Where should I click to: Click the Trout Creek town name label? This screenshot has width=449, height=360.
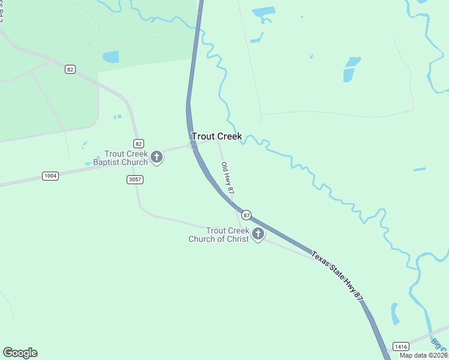(216, 136)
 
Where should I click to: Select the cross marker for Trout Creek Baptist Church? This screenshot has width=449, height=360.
(157, 157)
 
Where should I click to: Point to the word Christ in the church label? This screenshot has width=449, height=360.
(233, 239)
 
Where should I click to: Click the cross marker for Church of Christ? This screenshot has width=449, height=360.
(258, 234)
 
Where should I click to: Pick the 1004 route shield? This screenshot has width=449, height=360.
(50, 176)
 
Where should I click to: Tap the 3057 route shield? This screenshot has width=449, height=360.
(135, 179)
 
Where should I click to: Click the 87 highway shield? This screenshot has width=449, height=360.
(246, 215)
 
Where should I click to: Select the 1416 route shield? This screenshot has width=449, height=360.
(400, 346)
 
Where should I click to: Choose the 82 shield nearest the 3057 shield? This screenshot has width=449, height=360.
(139, 143)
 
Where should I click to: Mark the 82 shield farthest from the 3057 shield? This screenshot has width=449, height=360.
(70, 70)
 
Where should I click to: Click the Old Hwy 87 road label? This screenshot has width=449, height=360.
(227, 178)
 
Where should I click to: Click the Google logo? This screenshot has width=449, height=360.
(20, 353)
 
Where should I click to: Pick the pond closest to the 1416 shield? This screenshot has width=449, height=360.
(395, 314)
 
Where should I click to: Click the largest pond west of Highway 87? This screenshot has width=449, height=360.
(111, 57)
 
